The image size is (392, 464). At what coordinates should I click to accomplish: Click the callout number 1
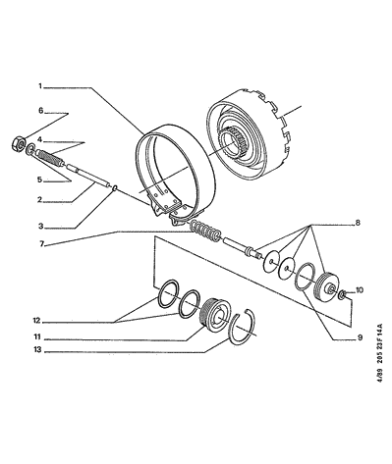point(40,86)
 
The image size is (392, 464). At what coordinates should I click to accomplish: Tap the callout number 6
point(40,111)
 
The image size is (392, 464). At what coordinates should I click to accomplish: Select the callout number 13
point(38,350)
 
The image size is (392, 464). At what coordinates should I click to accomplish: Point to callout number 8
point(358,223)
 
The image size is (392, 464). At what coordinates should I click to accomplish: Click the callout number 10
point(359,290)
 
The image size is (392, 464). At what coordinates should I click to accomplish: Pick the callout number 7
point(41,244)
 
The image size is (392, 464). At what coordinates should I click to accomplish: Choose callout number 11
point(37,336)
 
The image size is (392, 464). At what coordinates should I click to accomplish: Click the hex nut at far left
point(19,143)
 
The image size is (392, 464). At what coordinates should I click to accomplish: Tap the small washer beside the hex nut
point(30,149)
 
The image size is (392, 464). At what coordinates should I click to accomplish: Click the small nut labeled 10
point(342,294)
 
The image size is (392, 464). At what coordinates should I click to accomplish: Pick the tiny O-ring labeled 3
point(115,188)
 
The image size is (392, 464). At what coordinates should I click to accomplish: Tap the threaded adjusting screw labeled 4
point(50,158)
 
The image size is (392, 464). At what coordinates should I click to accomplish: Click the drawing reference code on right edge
point(379,353)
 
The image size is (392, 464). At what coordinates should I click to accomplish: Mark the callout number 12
point(36,321)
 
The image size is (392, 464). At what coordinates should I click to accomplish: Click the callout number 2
point(39,199)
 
